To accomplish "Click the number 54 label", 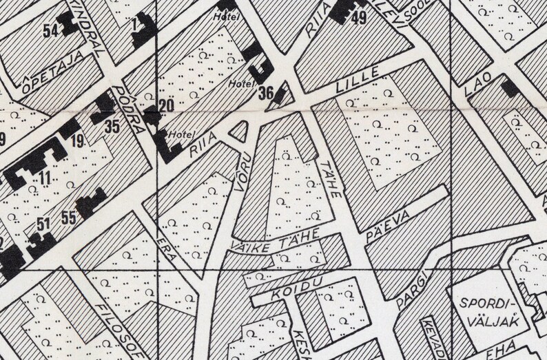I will pyautogui.click(x=50, y=30).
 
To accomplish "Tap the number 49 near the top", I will pyautogui.click(x=358, y=19).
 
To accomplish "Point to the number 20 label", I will pyautogui.click(x=165, y=105).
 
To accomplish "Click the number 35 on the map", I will pyautogui.click(x=112, y=126).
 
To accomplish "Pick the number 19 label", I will pyautogui.click(x=76, y=141).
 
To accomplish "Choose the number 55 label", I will pyautogui.click(x=68, y=219).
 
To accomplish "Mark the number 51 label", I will pyautogui.click(x=43, y=223).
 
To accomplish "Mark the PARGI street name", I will pyautogui.click(x=414, y=286).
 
